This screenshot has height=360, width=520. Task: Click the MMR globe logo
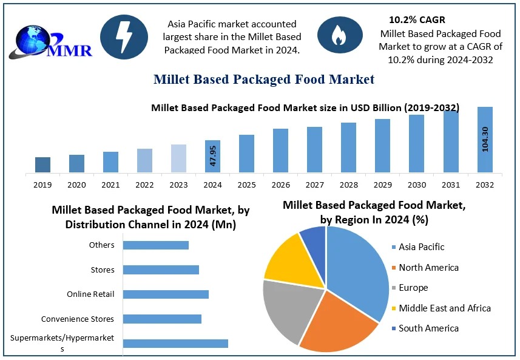pyautogui.click(x=52, y=39)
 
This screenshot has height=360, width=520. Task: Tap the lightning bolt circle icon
pyautogui.click(x=124, y=37)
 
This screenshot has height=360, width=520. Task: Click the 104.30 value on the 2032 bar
pyautogui.click(x=485, y=140)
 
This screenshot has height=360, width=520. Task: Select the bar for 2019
pyautogui.click(x=42, y=165)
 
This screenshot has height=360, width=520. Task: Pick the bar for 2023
pyautogui.click(x=178, y=158)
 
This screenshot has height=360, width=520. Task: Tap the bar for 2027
pyautogui.click(x=314, y=150)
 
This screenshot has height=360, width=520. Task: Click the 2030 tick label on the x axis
pyautogui.click(x=416, y=185)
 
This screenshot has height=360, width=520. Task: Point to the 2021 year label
pyautogui.click(x=110, y=185)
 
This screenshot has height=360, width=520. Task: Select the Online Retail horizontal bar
pyautogui.click(x=166, y=294)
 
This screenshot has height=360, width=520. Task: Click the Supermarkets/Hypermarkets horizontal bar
pyautogui.click(x=175, y=344)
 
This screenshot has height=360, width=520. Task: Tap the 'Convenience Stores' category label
pyautogui.click(x=78, y=319)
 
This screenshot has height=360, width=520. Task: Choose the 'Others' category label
pyautogui.click(x=101, y=245)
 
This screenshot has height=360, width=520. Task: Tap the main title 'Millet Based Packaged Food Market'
pyautogui.click(x=264, y=80)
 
